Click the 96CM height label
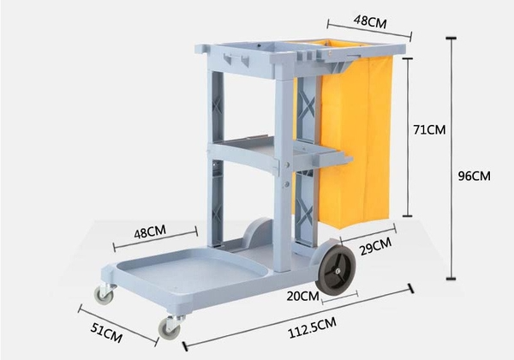(474, 176)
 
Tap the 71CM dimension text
(430, 130)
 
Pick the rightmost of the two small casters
(171, 327)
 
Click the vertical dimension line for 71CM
(407, 137)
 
